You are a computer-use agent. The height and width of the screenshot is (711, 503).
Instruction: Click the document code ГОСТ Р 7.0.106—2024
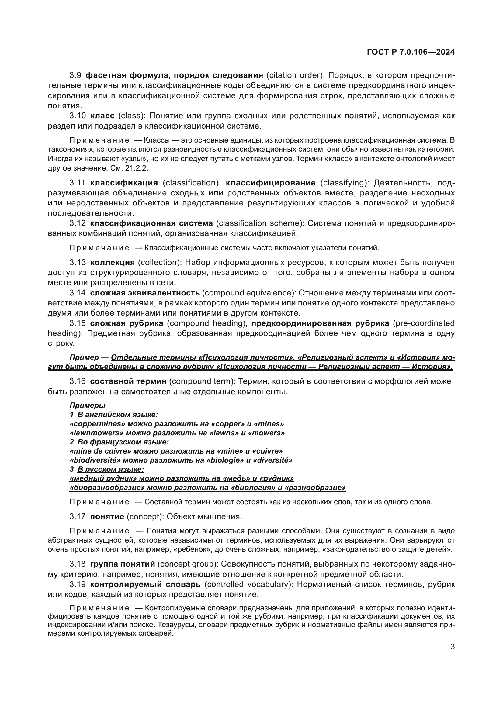tap(410, 52)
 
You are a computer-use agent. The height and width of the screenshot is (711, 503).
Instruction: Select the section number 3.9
tap(75, 75)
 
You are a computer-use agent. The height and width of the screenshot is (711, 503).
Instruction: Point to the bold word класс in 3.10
tap(102, 116)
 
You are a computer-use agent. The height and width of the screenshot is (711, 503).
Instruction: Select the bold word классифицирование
tap(270, 183)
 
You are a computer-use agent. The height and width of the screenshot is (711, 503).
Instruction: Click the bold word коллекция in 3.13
tap(113, 263)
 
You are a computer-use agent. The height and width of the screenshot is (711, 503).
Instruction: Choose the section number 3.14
tap(77, 293)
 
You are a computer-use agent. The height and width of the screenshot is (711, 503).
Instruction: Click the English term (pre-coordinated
tap(423, 323)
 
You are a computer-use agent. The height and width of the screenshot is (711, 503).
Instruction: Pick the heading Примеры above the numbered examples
tap(87, 406)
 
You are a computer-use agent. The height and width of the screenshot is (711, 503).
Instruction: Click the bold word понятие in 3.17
tap(107, 516)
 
